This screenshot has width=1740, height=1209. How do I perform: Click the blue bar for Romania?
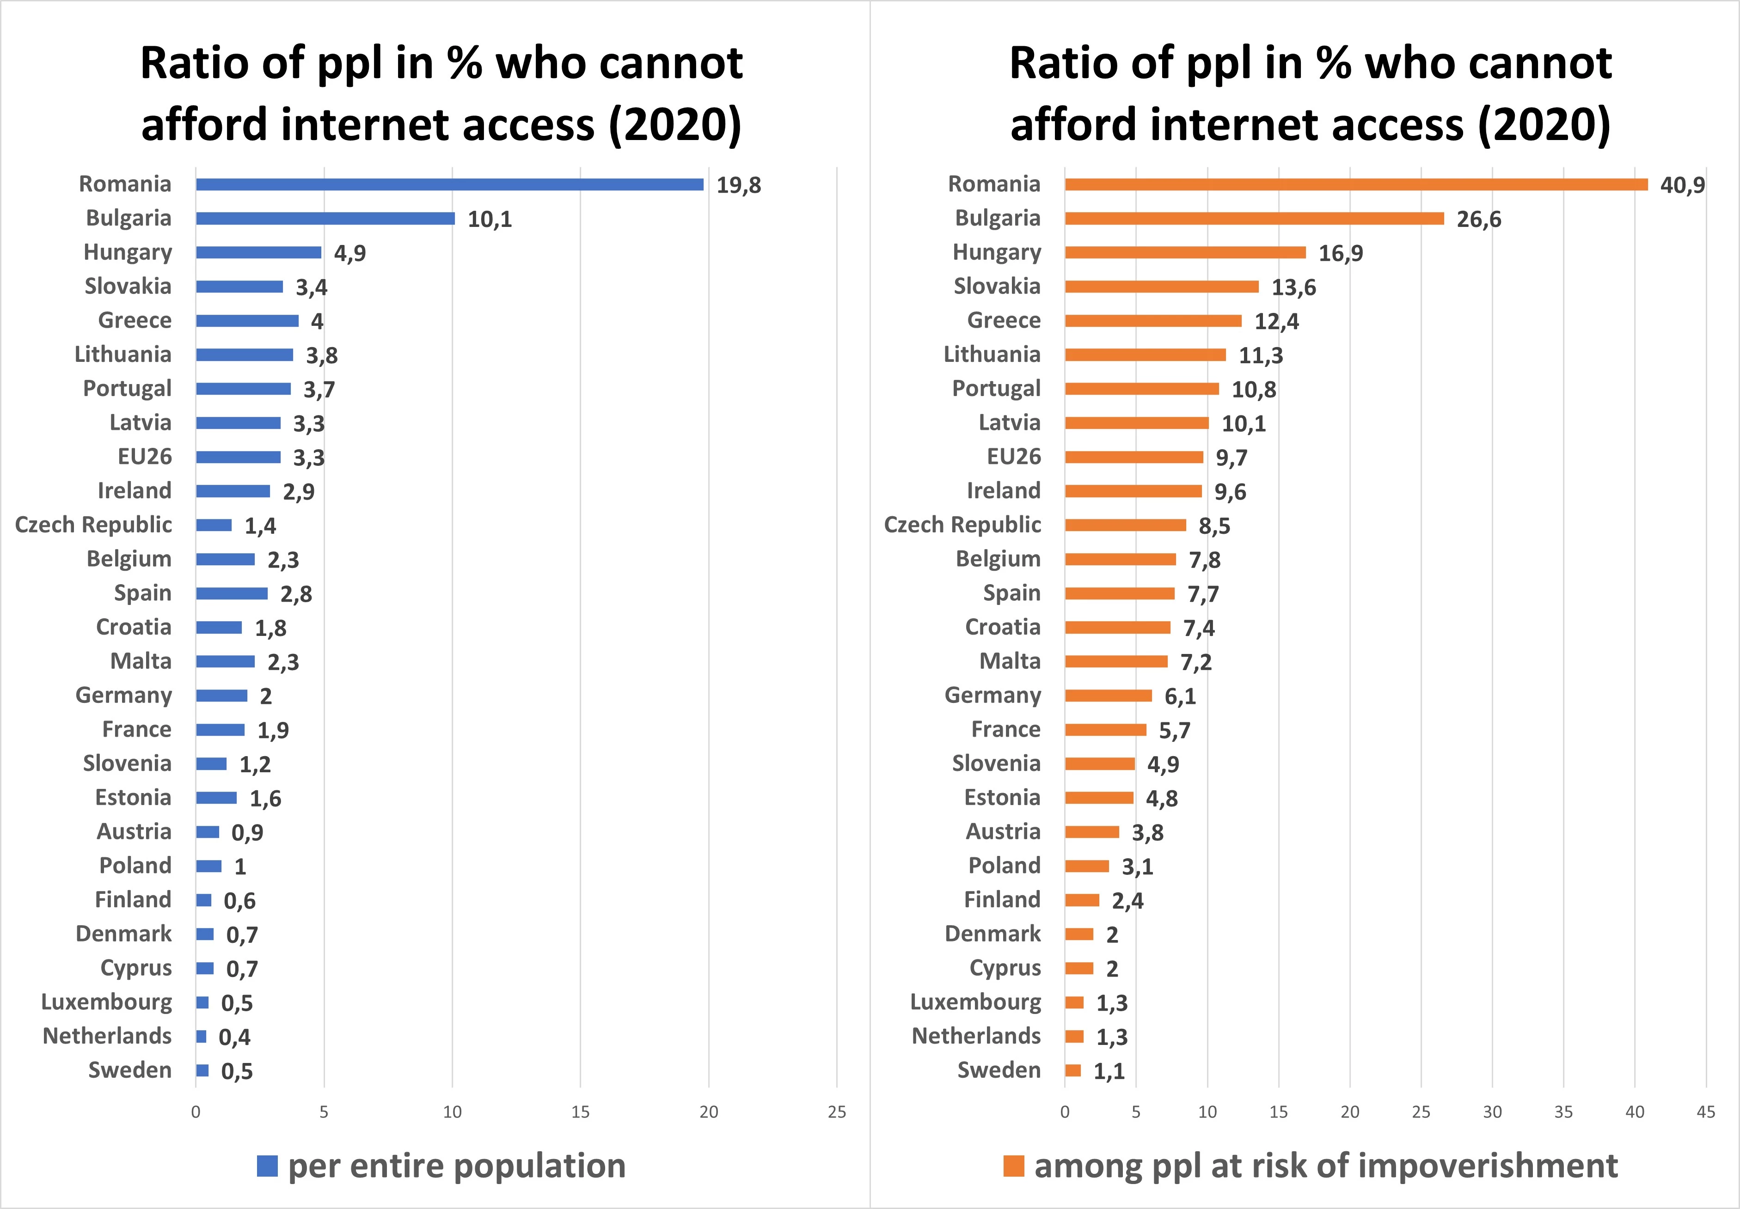(x=449, y=184)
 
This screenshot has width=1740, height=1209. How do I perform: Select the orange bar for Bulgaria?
(x=1254, y=218)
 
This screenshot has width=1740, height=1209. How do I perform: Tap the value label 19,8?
(x=739, y=185)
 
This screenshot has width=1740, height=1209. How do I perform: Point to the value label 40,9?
(x=1682, y=185)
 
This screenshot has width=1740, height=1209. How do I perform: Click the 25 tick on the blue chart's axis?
(x=836, y=1112)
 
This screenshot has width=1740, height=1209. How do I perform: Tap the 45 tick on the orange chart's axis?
(x=1705, y=1112)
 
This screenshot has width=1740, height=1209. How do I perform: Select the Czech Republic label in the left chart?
(x=93, y=525)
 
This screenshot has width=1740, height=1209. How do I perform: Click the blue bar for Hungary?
(x=258, y=252)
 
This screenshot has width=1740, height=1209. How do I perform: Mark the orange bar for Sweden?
(x=1072, y=1070)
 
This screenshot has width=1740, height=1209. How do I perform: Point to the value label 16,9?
(x=1340, y=253)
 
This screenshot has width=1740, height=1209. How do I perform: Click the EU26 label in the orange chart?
(x=1014, y=457)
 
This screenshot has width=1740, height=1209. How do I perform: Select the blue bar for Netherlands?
(x=201, y=1036)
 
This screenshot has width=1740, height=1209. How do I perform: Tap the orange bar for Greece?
(x=1153, y=320)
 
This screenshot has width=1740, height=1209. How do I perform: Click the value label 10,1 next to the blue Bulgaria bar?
(x=490, y=219)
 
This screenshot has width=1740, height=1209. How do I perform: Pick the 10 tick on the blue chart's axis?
(x=452, y=1112)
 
